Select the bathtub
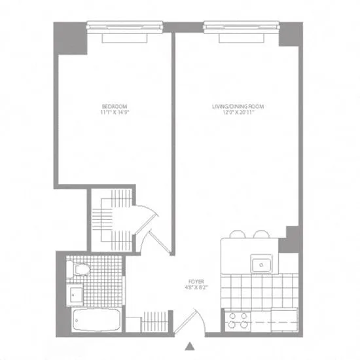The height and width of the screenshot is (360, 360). [x=96, y=320]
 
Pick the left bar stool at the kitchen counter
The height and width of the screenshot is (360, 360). [x=238, y=234]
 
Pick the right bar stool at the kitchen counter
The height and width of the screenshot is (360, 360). [x=261, y=234]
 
